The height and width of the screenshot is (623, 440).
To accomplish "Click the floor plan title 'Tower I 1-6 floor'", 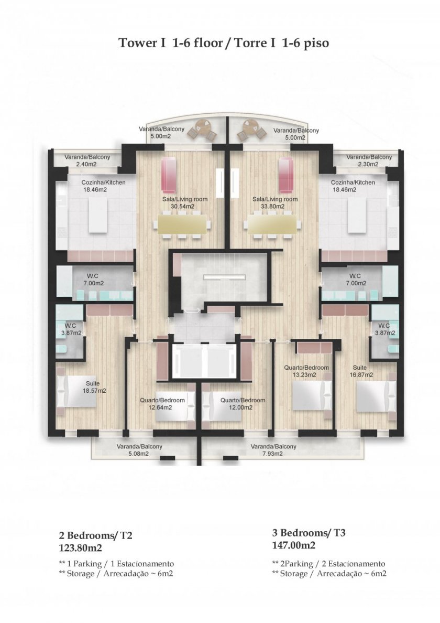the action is (x=171, y=43).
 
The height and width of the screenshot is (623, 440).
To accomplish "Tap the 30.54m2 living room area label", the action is (x=185, y=202).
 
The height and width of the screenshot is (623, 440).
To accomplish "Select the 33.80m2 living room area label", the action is (x=275, y=202).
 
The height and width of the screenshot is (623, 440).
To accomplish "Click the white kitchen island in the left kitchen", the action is (x=97, y=214).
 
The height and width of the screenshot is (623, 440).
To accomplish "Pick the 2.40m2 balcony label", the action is (x=87, y=160).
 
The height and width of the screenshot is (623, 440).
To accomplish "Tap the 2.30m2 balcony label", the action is (x=369, y=160).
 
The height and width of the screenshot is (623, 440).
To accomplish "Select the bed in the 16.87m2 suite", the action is (x=376, y=396).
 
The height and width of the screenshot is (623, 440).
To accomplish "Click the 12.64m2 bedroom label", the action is (x=162, y=404).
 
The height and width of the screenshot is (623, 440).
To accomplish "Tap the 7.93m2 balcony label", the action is (x=273, y=450).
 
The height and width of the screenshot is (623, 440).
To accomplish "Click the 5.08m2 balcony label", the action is (x=139, y=450).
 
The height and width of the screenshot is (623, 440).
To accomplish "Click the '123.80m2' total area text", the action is (x=81, y=548).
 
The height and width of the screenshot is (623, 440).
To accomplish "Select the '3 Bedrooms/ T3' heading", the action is (x=309, y=532).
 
